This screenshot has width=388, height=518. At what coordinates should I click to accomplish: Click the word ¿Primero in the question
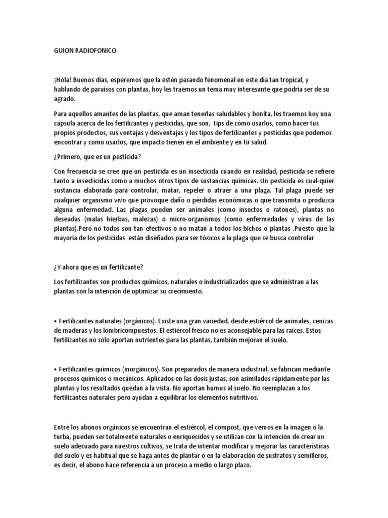pos(69,157)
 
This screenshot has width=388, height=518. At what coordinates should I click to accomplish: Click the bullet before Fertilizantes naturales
pos(55,322)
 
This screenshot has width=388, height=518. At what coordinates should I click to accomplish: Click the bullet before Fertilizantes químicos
pos(55,369)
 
